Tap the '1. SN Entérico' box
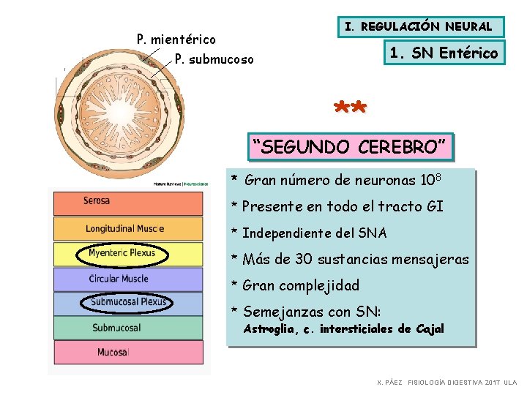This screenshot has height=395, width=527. (x=444, y=53)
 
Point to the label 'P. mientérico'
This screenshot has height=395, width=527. (x=176, y=39)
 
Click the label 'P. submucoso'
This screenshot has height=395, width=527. (x=214, y=59)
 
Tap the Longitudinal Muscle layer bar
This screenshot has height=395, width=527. (x=125, y=229)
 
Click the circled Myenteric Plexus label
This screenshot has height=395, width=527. (x=122, y=254)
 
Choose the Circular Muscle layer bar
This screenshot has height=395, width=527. (x=125, y=279)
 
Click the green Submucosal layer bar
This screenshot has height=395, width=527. (x=125, y=327)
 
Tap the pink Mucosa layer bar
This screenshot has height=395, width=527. (x=125, y=353)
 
